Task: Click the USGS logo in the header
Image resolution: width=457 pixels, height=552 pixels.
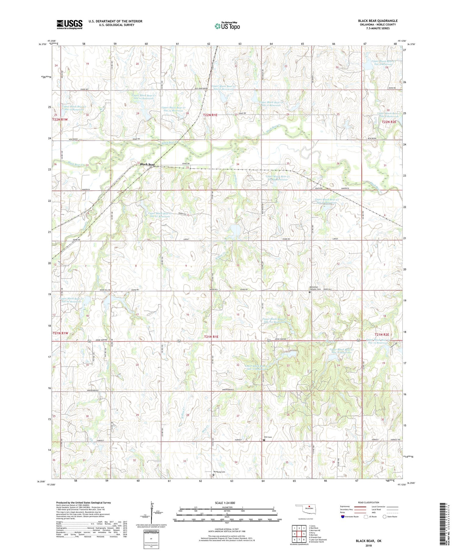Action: point(69,24)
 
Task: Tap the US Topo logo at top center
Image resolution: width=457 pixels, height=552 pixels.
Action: point(227,26)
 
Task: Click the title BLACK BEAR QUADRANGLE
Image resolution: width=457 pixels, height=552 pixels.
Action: point(377,21)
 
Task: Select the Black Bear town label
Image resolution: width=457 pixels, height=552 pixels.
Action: point(147,164)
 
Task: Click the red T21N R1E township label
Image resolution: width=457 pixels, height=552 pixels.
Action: point(211,337)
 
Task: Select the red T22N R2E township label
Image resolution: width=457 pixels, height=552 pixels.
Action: point(389,122)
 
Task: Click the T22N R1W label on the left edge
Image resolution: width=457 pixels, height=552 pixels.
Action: point(60,120)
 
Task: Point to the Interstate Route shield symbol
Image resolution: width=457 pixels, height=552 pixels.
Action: point(343,517)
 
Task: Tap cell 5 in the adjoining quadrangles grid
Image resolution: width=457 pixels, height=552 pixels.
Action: point(304,534)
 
